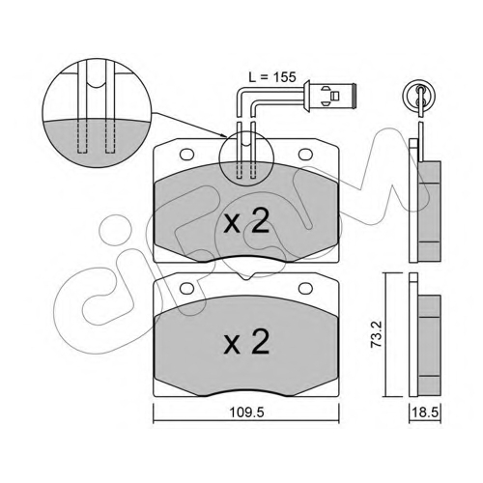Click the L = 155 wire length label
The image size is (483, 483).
pyautogui.click(x=272, y=77)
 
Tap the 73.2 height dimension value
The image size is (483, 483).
pyautogui.click(x=377, y=333)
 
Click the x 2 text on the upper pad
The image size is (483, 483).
pyautogui.click(x=246, y=222)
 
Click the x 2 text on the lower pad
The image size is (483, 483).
pyautogui.click(x=246, y=342)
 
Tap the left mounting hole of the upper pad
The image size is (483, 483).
pyautogui.click(x=186, y=155)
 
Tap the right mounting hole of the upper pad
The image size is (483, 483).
pyautogui.click(x=306, y=155)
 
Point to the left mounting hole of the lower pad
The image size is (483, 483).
pyautogui.click(x=186, y=289)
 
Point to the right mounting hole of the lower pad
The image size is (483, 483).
pyautogui.click(x=306, y=289)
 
